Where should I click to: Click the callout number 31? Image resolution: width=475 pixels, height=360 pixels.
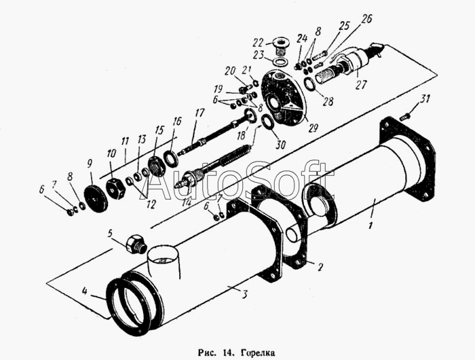click(x=425, y=100)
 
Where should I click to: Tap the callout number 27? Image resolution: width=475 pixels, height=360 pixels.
click(x=361, y=85)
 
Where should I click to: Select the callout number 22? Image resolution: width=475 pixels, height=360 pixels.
click(x=259, y=42)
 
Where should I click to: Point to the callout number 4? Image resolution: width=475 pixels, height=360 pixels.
click(x=85, y=293)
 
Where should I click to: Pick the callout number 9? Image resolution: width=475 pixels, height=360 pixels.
click(x=89, y=163)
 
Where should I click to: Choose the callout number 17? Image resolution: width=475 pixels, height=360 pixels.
click(x=199, y=112)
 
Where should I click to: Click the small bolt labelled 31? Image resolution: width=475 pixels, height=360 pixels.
click(x=405, y=116)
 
